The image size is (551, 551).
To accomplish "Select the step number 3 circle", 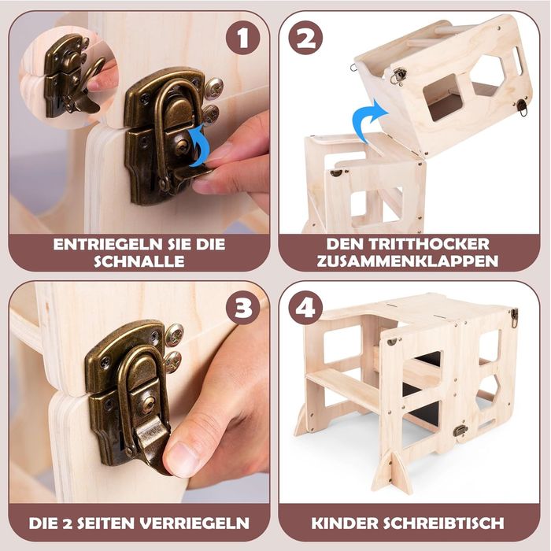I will [243, 308].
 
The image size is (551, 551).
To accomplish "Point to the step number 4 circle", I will [305, 308].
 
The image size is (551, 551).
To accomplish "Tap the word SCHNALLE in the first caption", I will [139, 261].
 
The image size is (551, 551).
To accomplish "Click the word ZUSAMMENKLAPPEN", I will [409, 261].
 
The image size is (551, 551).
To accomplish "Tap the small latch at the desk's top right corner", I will [513, 317].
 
